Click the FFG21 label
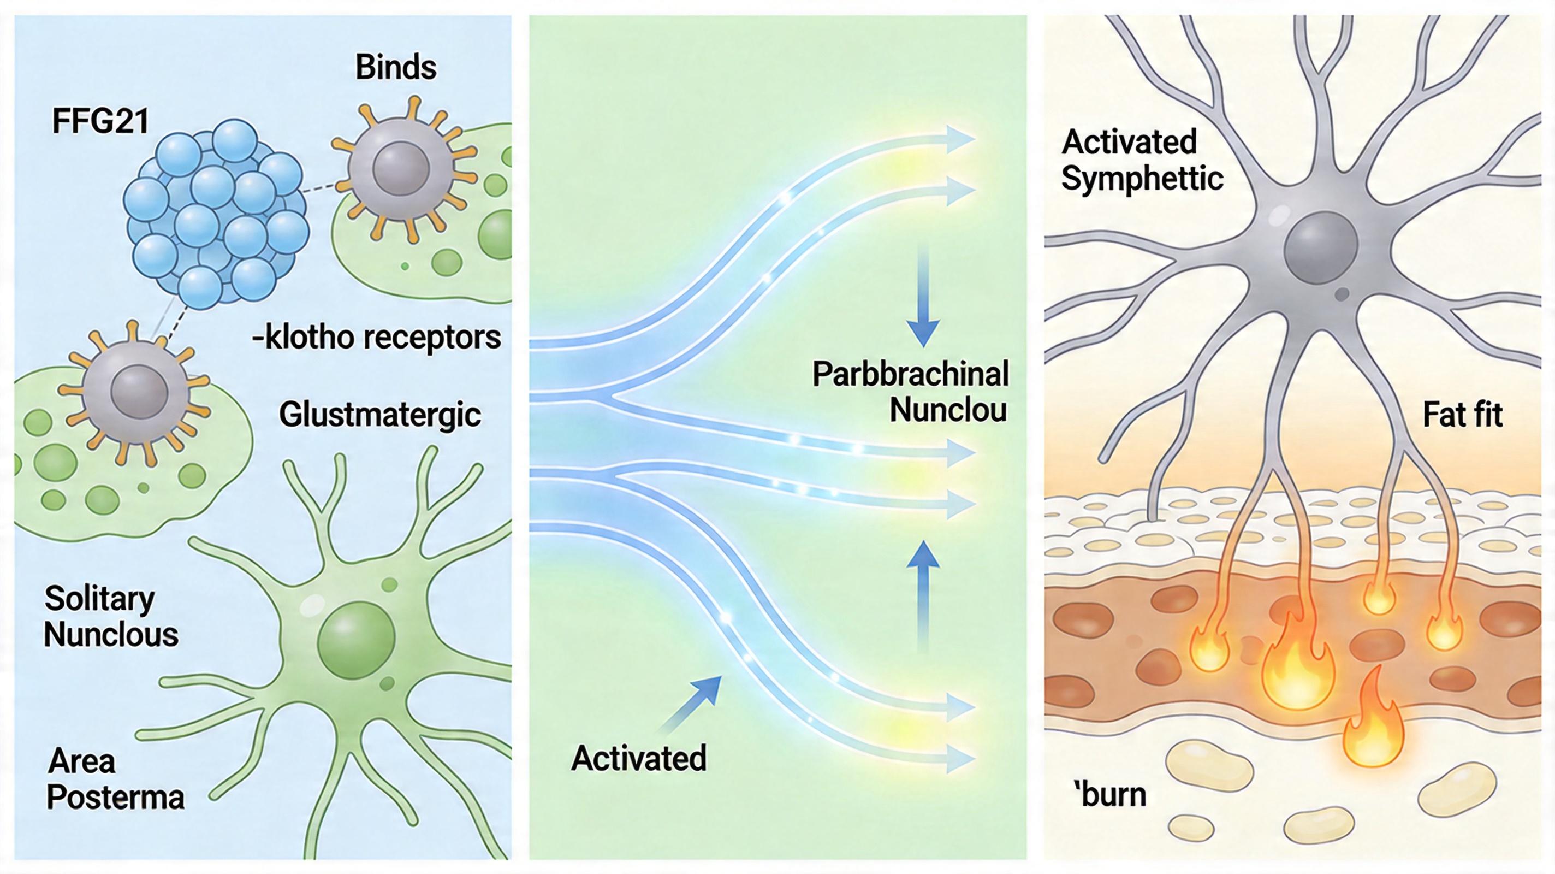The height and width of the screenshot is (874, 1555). tap(100, 121)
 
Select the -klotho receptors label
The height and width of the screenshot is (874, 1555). tap(377, 338)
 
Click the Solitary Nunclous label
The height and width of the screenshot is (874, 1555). tap(111, 617)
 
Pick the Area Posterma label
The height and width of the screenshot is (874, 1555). tap(115, 779)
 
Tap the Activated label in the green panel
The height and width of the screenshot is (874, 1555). tap(638, 758)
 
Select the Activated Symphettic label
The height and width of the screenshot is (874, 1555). tap(1142, 160)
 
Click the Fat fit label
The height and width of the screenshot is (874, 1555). tap(1462, 415)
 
